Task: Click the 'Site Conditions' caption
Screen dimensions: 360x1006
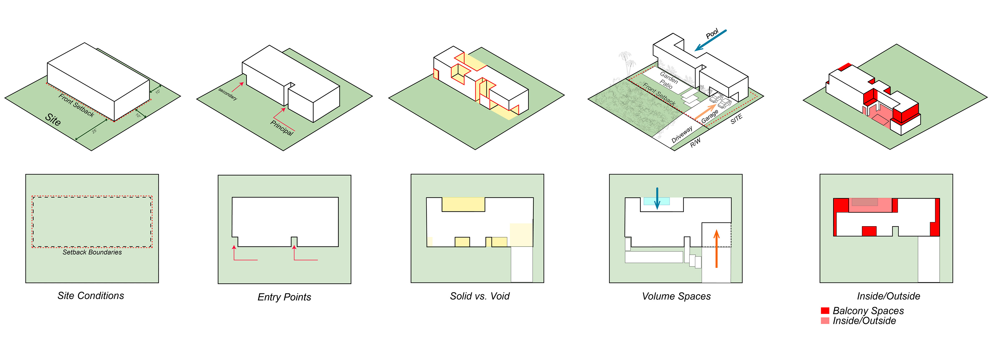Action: pyautogui.click(x=91, y=296)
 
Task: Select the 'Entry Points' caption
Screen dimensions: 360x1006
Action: pyautogui.click(x=284, y=297)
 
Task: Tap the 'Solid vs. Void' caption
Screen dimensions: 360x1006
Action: pyautogui.click(x=480, y=296)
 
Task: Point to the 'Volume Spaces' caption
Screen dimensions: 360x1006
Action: pyautogui.click(x=676, y=296)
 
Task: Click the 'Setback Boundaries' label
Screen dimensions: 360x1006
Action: pyautogui.click(x=92, y=252)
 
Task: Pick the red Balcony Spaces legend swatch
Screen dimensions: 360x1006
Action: pyautogui.click(x=825, y=311)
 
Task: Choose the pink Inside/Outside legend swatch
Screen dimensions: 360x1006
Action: pyautogui.click(x=825, y=320)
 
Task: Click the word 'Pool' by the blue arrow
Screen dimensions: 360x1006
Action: pyautogui.click(x=712, y=34)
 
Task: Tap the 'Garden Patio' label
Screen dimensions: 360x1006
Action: pyautogui.click(x=668, y=80)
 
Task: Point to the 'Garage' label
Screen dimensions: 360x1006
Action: pyautogui.click(x=710, y=116)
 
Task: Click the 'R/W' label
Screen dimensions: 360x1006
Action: pyautogui.click(x=695, y=143)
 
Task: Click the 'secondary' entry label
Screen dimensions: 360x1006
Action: pyautogui.click(x=228, y=94)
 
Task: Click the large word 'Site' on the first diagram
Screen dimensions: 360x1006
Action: pyautogui.click(x=53, y=119)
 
